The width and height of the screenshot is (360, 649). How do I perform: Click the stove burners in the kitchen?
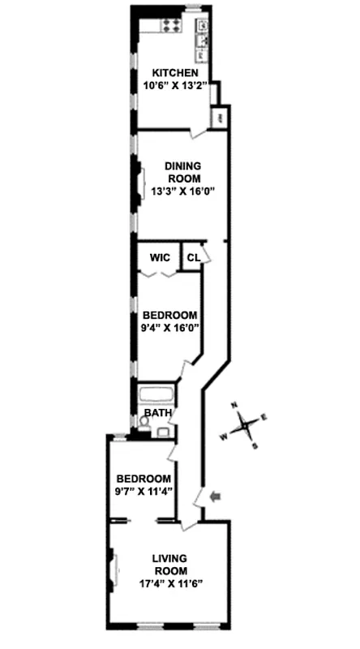pos(171,25)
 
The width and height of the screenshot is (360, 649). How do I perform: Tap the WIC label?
pos(159,258)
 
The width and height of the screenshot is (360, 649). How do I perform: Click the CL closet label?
pos(193,258)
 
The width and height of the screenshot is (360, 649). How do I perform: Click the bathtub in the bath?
pos(155,398)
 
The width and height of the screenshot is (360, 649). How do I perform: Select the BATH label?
pos(158,413)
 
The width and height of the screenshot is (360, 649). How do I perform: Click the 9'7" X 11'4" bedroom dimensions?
pos(144,490)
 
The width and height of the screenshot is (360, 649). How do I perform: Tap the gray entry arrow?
pos(214,496)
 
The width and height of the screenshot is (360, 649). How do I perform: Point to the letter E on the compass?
pos(264,417)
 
